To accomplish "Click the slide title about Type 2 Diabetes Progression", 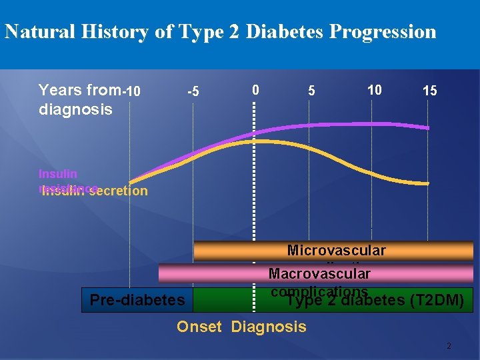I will click(x=220, y=31).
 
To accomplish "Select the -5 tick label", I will click(x=192, y=91).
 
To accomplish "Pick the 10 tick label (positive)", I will click(x=374, y=89).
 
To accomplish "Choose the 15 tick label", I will click(x=430, y=91).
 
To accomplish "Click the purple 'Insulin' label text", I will click(x=57, y=174).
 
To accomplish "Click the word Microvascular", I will click(x=336, y=251).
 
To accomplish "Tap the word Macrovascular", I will click(x=319, y=273).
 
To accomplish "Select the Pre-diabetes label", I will click(x=137, y=300).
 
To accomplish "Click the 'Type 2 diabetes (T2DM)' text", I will click(x=375, y=301).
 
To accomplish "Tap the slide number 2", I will click(x=449, y=346).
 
